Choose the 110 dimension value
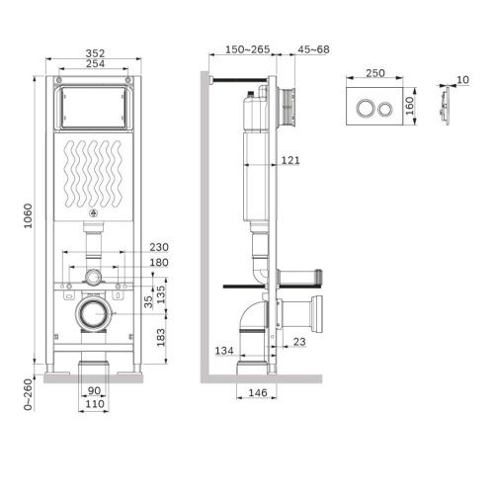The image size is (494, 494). coord(94,405)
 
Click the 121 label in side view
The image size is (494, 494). coord(290,159)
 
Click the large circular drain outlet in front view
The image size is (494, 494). coord(95,316)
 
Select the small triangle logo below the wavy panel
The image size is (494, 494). coord(95,213)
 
